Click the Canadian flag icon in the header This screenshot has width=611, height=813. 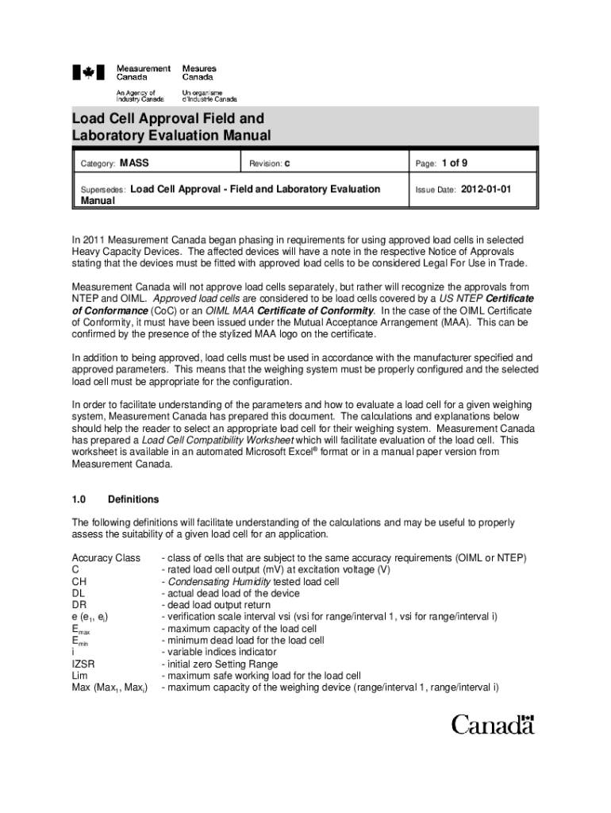(88, 73)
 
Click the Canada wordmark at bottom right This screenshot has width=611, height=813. (493, 724)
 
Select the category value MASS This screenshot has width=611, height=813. (134, 164)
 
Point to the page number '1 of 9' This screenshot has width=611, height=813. (454, 164)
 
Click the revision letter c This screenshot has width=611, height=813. (287, 164)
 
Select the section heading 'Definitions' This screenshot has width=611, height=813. (133, 499)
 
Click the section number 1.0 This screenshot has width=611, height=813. (79, 499)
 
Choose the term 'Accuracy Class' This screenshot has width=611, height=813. (106, 558)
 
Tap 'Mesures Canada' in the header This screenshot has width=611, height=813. (199, 73)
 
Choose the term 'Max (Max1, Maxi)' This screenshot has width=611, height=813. (110, 688)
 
